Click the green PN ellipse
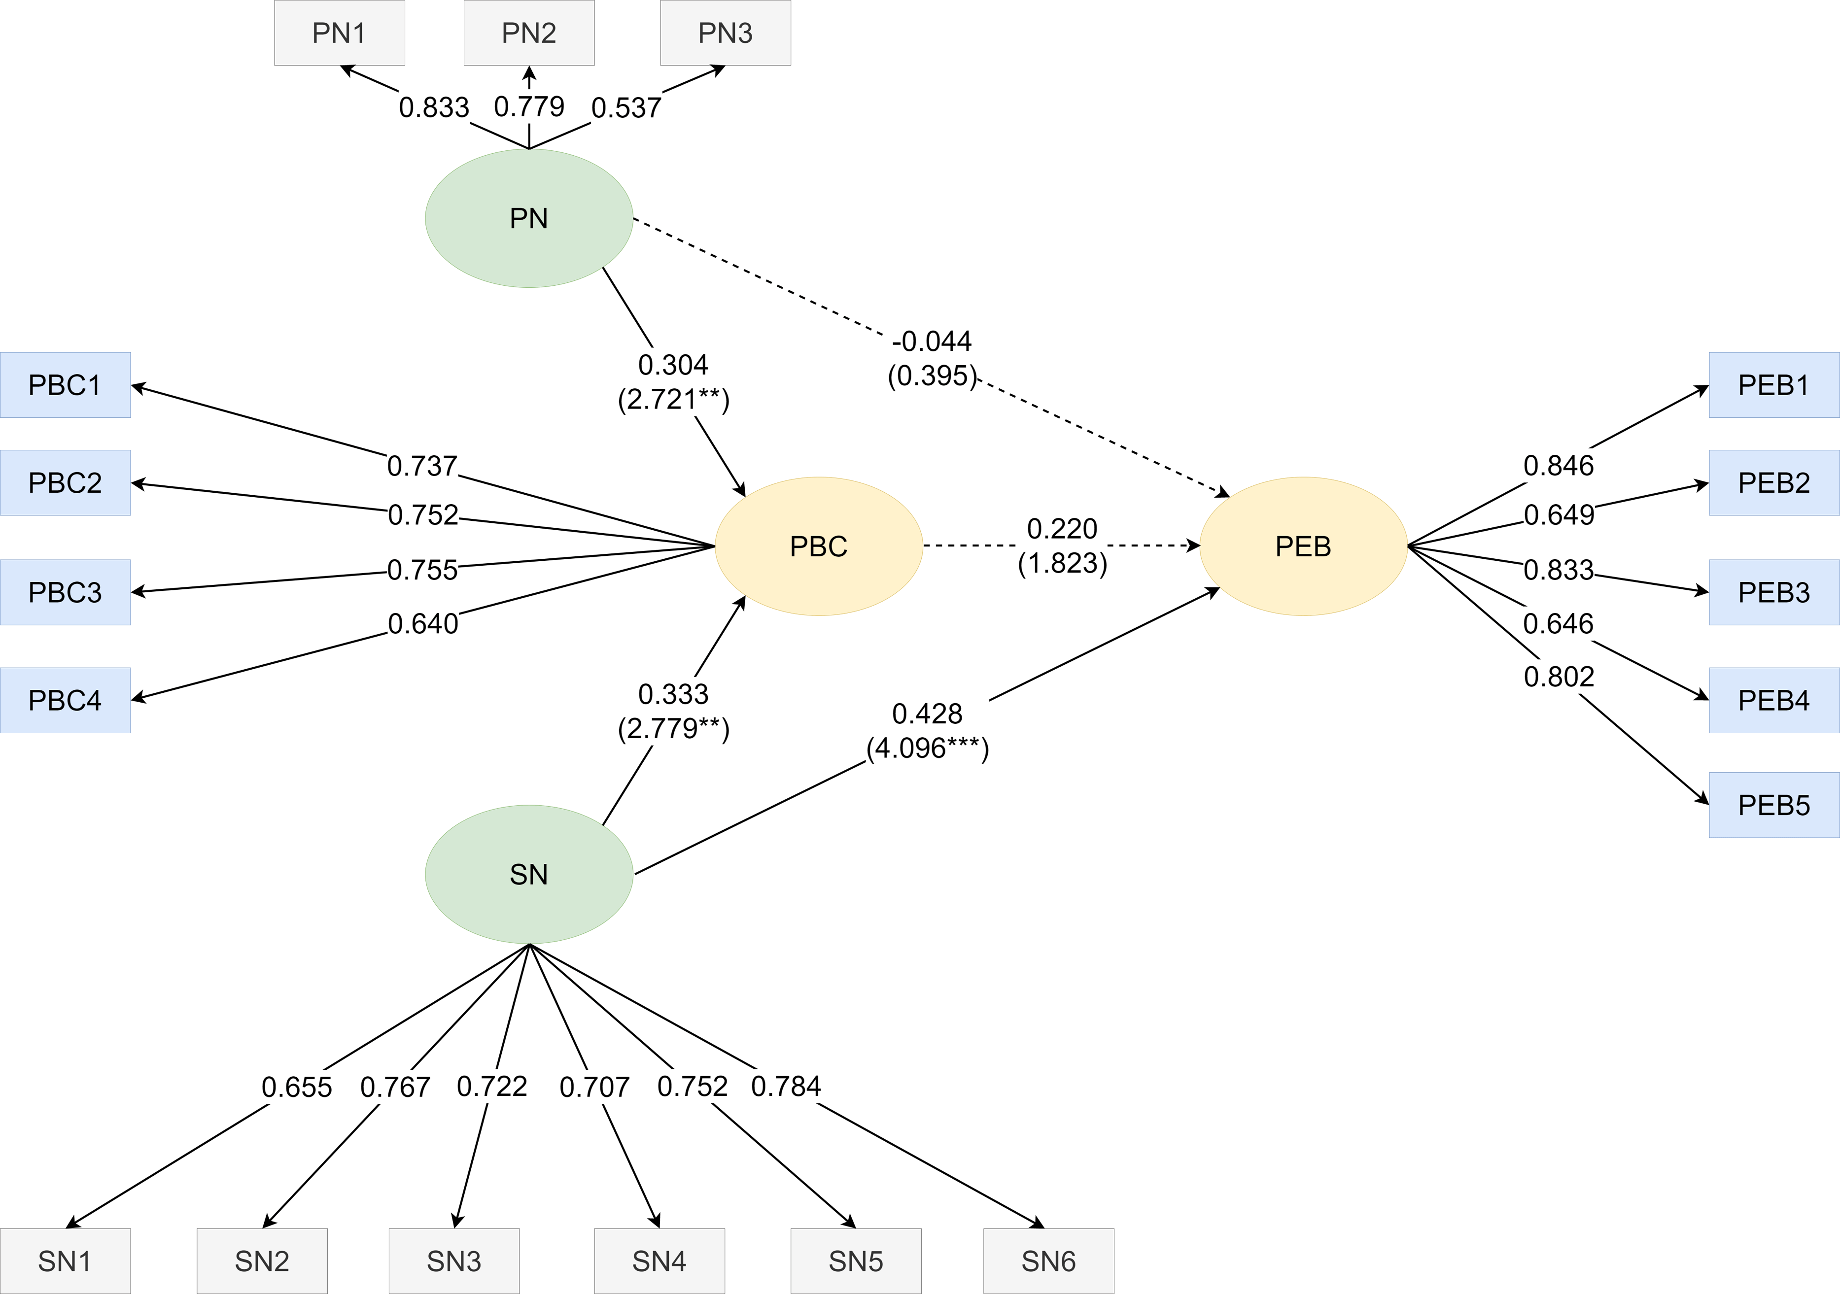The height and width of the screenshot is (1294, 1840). pos(529,218)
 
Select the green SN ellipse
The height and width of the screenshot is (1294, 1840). pos(529,874)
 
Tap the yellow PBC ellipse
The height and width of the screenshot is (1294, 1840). pos(818,546)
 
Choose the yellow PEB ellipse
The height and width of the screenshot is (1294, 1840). pos(1303,546)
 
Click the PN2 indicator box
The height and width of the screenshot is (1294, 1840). pos(529,33)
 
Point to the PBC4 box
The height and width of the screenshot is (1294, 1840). pos(65,700)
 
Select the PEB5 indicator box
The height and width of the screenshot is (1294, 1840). pos(1773,805)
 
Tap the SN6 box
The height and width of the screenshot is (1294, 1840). pos(1048,1261)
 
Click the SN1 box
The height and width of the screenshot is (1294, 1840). pos(65,1261)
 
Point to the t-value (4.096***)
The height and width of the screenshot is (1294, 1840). pos(927,749)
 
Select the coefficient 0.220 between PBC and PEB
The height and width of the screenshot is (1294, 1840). pos(1062,529)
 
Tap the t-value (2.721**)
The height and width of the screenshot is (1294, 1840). pos(673,399)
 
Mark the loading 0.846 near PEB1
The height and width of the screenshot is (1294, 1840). pos(1558,466)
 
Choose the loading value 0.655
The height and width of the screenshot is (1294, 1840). pos(297,1087)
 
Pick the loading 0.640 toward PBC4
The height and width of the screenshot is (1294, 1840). pos(422,623)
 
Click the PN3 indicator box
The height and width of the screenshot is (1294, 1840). pos(725,33)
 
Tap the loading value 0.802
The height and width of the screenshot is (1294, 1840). pos(1558,677)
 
